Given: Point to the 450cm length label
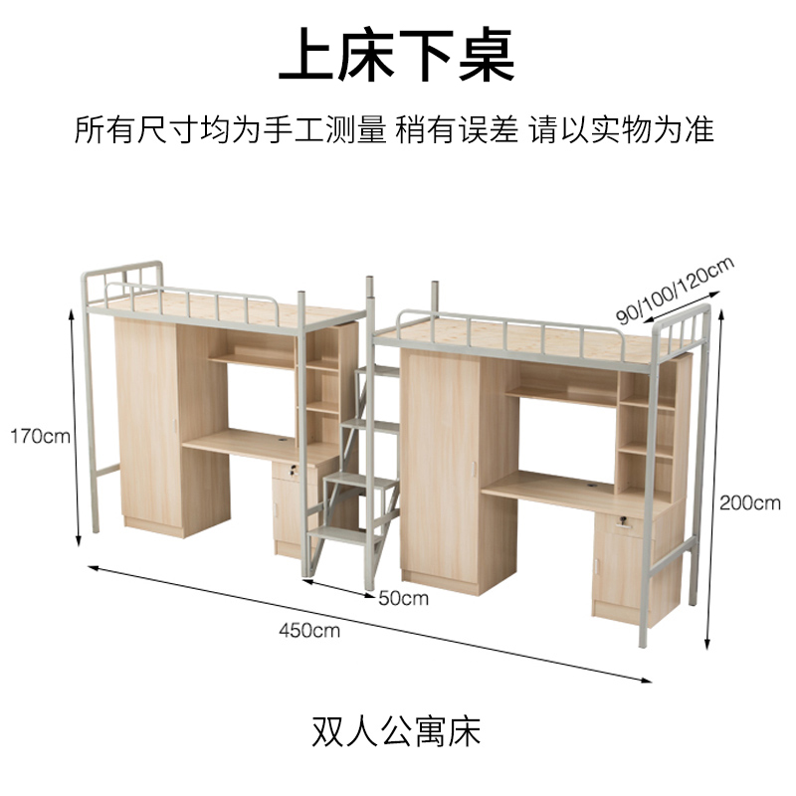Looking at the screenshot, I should click(x=308, y=630).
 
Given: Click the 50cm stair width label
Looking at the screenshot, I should click(x=403, y=598).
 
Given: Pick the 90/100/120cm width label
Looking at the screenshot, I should click(x=674, y=290).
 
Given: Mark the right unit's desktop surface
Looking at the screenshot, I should click(x=557, y=490).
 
